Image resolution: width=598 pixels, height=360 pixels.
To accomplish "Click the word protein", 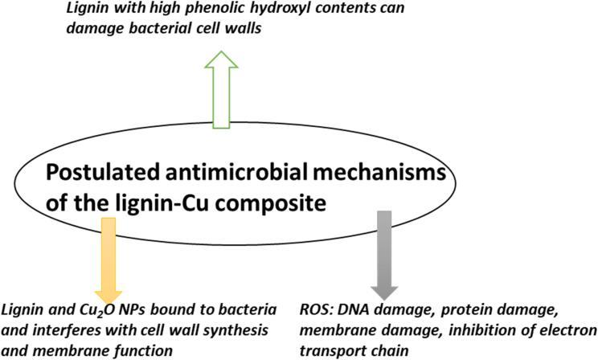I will [468, 310].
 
